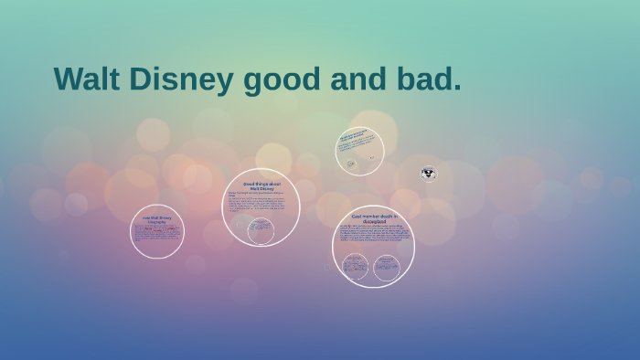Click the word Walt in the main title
86,79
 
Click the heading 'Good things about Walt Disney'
261,186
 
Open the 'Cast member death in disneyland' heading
374,218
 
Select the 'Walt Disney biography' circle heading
156,219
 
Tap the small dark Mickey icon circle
428,174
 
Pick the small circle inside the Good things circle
261,231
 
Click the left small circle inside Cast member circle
355,267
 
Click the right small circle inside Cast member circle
387,267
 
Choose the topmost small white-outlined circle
359,151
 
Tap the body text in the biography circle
156,234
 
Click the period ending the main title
456,90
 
